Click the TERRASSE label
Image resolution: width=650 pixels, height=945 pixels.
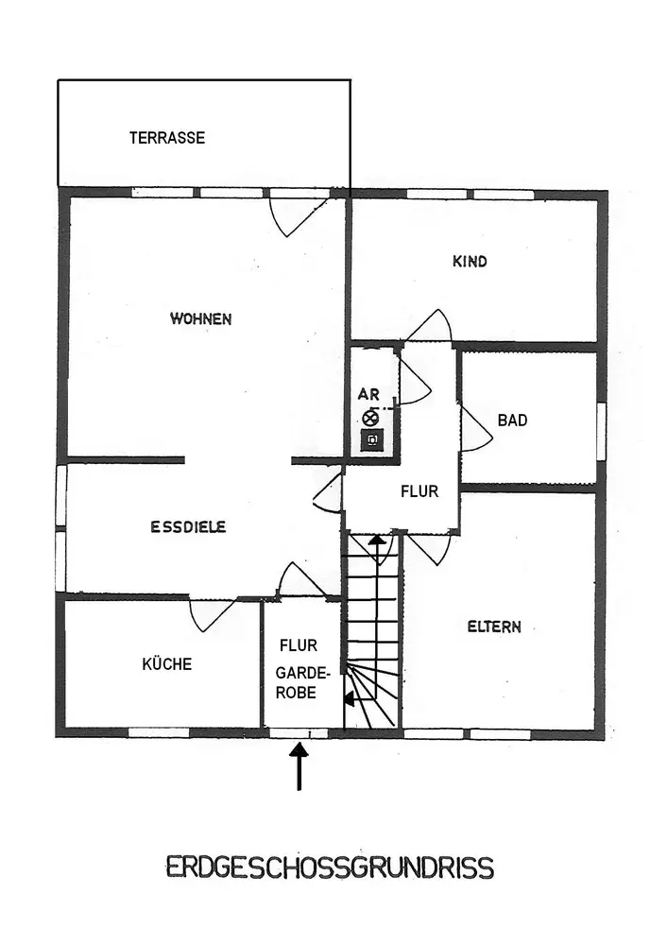166,138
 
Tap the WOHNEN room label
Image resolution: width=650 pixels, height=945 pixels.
200,319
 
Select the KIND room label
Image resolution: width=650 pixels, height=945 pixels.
470,262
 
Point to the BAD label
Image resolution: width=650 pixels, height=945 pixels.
512,421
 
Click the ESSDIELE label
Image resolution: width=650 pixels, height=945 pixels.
188,527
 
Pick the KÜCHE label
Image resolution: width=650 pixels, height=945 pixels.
166,664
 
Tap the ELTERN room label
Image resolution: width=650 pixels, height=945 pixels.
494,627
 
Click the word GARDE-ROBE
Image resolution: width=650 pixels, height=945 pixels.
301,682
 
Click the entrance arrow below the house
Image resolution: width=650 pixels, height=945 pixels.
299,765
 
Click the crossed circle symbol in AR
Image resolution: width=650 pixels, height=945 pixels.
369,418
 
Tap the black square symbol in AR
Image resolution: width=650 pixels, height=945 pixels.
372,439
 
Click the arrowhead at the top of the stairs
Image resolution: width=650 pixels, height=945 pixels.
376,541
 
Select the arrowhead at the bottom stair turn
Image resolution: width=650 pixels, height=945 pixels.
349,699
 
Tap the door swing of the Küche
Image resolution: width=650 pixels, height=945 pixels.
210,614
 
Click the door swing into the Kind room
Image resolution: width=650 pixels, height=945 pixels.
430,327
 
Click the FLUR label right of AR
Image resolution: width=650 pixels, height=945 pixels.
419,492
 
